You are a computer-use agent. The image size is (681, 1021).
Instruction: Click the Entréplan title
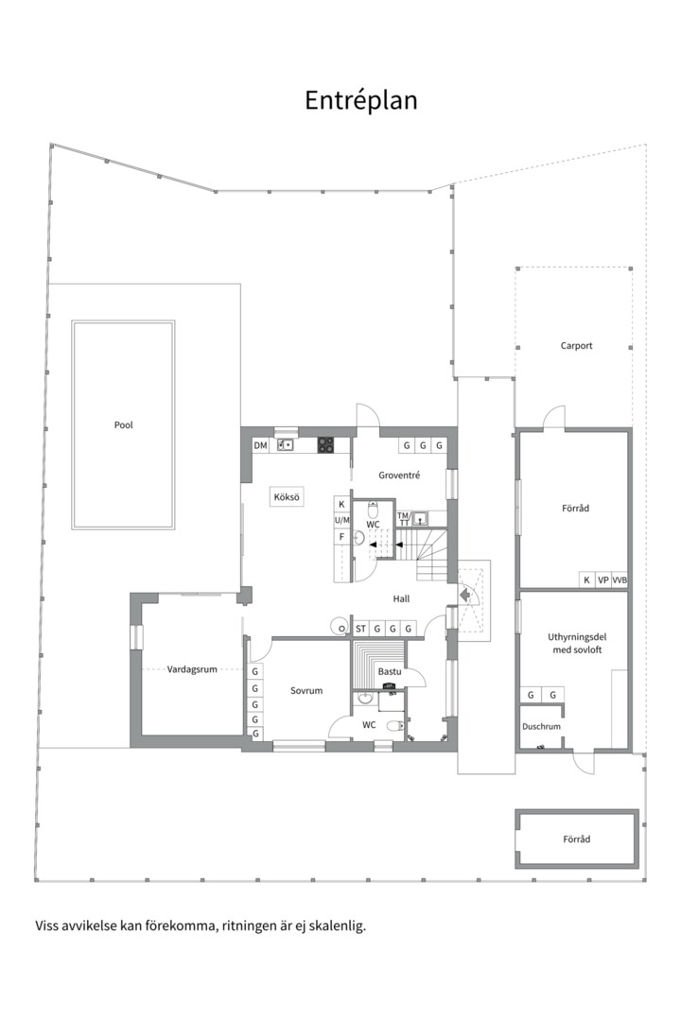(x=361, y=101)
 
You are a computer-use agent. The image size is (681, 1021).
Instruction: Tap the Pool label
(x=123, y=425)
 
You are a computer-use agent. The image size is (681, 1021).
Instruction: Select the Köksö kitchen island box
(x=287, y=497)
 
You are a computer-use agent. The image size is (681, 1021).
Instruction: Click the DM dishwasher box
(x=261, y=446)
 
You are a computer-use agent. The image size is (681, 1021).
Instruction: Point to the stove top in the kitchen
(x=325, y=444)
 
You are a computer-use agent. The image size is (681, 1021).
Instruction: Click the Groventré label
(x=399, y=476)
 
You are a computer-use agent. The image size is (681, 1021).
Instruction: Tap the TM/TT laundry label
(x=404, y=519)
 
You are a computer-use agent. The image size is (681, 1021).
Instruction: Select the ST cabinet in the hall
(x=360, y=629)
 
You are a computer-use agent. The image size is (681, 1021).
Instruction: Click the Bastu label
(x=390, y=671)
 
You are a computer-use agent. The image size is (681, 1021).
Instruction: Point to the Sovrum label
(x=306, y=691)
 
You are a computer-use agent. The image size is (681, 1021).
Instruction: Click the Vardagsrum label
(x=192, y=669)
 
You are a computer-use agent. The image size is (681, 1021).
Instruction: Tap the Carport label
(x=576, y=346)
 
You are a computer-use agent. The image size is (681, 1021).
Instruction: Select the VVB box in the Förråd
(x=620, y=580)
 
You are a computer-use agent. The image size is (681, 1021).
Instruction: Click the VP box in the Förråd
(x=603, y=580)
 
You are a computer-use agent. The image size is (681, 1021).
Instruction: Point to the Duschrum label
(x=541, y=727)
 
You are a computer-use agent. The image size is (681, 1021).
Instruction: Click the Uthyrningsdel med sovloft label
(x=577, y=644)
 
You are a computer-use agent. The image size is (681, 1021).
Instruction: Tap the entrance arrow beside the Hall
(x=466, y=595)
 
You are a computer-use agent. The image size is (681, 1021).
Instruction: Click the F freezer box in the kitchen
(x=341, y=537)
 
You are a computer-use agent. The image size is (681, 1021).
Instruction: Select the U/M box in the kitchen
(x=342, y=520)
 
